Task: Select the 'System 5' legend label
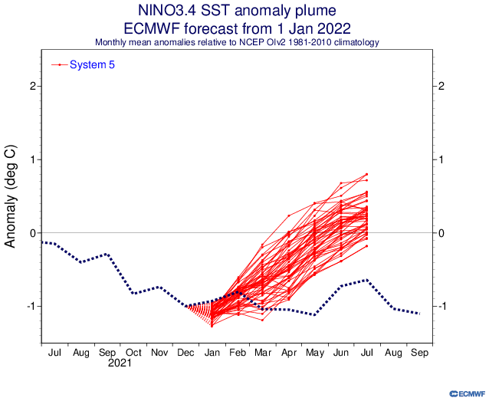[92, 64]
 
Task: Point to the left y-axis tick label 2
[33, 86]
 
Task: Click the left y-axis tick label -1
[31, 306]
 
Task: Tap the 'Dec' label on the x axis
[185, 354]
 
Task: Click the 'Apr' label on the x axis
[288, 354]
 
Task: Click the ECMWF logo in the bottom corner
[462, 393]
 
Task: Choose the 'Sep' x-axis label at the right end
[419, 354]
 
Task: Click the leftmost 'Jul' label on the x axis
[54, 354]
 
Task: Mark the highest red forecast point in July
[367, 175]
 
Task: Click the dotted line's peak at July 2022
[367, 280]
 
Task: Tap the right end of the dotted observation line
[419, 314]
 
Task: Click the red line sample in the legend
[59, 64]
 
